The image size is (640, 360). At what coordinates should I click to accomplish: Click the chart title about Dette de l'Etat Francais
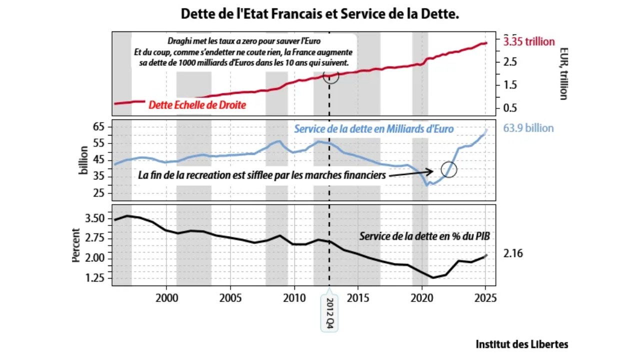[320, 14]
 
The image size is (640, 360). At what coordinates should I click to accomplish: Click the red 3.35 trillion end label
[529, 41]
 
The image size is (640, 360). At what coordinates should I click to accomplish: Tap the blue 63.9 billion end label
[528, 128]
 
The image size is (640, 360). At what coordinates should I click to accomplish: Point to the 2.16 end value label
[513, 254]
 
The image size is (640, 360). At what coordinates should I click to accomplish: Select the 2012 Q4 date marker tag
[329, 313]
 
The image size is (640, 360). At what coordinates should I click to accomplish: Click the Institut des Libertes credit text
[522, 344]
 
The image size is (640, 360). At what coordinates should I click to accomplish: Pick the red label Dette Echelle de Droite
[197, 105]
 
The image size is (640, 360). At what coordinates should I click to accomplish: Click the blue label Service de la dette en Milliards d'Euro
[373, 129]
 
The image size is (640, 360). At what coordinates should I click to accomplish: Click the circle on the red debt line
[331, 76]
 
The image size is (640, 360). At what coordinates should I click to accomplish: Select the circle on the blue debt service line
[449, 169]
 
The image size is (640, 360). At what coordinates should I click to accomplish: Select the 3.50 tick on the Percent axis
[95, 218]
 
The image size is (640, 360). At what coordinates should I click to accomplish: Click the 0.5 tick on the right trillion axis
[510, 108]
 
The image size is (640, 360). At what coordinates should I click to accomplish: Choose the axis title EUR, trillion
[563, 73]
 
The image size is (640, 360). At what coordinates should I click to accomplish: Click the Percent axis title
[76, 245]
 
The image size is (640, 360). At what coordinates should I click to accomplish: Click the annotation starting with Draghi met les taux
[243, 51]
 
